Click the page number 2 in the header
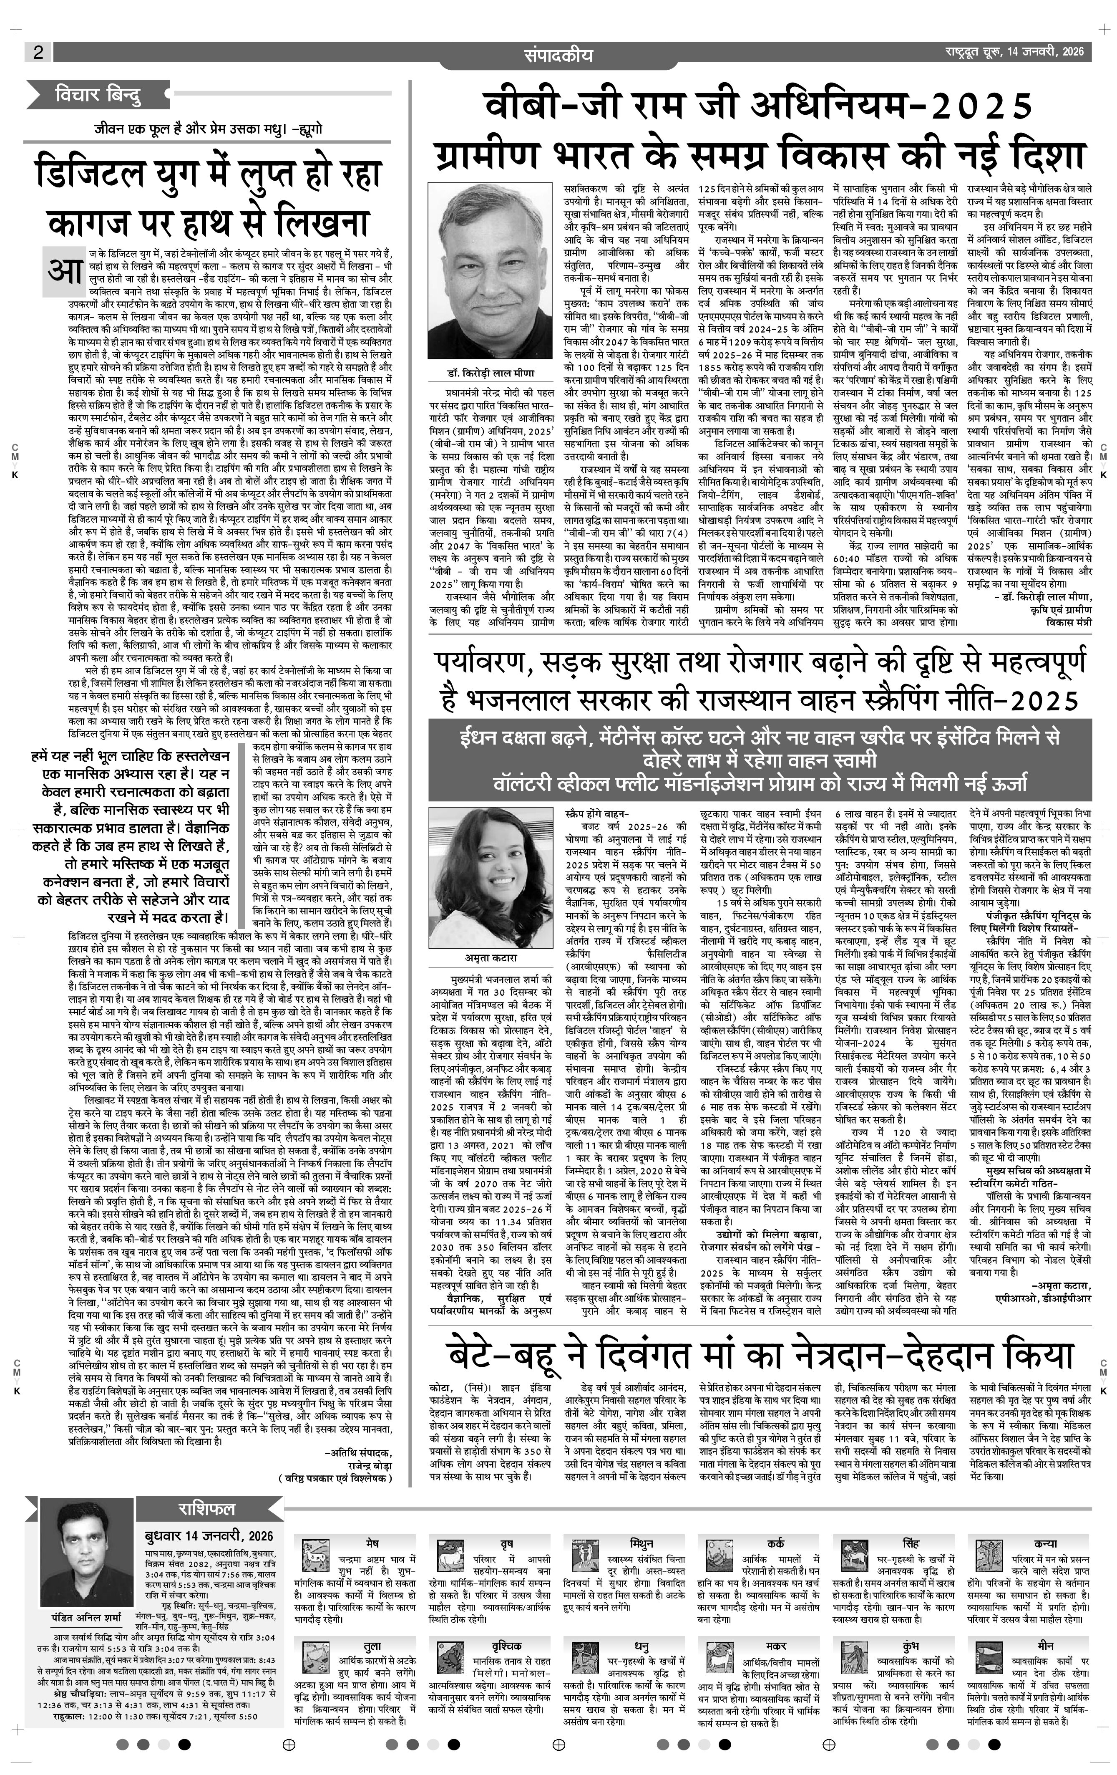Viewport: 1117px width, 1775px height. tap(38, 52)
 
